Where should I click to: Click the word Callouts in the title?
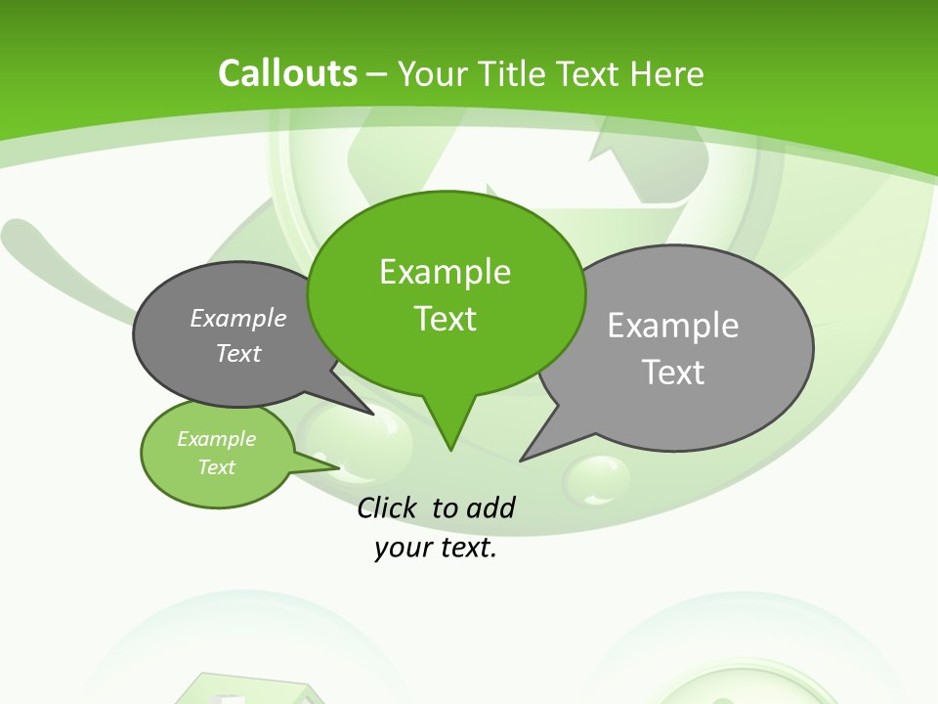[287, 73]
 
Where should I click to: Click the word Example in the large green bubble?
[445, 272]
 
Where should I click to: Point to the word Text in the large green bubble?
[445, 319]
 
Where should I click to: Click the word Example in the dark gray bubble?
[237, 318]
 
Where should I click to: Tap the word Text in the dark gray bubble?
[237, 353]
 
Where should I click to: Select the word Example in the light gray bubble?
[672, 326]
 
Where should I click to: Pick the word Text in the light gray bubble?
[673, 373]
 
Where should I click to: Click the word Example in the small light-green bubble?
[216, 439]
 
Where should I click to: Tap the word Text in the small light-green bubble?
[216, 467]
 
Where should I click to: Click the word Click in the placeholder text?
[389, 507]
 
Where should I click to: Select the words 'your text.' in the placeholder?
[436, 548]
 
